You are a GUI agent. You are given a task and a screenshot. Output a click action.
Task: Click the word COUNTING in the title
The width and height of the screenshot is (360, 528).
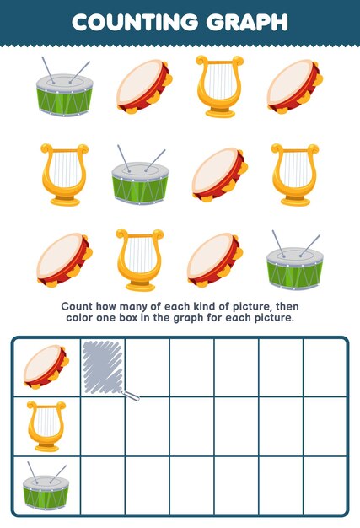coord(133,22)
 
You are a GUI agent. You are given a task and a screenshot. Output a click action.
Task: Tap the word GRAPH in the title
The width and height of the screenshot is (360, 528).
coord(244,22)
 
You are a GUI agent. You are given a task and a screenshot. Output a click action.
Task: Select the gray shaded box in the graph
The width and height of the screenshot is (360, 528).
coord(103,367)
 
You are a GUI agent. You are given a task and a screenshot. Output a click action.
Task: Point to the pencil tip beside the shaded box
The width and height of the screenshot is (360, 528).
coord(134,396)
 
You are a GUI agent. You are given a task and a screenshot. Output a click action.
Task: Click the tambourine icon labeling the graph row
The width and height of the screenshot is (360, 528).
coord(46,367)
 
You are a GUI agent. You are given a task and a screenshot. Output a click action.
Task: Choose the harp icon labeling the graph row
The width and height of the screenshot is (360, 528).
coord(46,426)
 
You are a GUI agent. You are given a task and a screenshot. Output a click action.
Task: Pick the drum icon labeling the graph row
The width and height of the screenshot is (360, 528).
coord(46,486)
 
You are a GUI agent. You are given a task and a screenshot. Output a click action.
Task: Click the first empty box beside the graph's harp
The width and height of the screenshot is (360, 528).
coord(103,426)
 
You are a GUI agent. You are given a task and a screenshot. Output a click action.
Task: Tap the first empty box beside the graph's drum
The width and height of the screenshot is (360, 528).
coord(103,486)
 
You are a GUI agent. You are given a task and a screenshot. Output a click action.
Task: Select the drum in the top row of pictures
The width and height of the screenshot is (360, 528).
coord(63,88)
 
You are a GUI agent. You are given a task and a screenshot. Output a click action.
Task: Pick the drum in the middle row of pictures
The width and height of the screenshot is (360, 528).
coord(140,175)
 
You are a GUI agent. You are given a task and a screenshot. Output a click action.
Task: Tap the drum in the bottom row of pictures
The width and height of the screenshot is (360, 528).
coord(293,262)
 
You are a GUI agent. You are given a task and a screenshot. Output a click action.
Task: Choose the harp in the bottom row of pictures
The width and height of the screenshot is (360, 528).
coord(140,260)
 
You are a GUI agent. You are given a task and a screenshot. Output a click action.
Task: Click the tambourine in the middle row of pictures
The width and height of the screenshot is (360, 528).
coord(218,175)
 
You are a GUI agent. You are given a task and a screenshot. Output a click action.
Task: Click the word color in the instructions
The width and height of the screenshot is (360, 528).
coord(85,318)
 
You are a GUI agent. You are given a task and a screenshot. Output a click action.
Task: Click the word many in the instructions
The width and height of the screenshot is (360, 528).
coord(137,306)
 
